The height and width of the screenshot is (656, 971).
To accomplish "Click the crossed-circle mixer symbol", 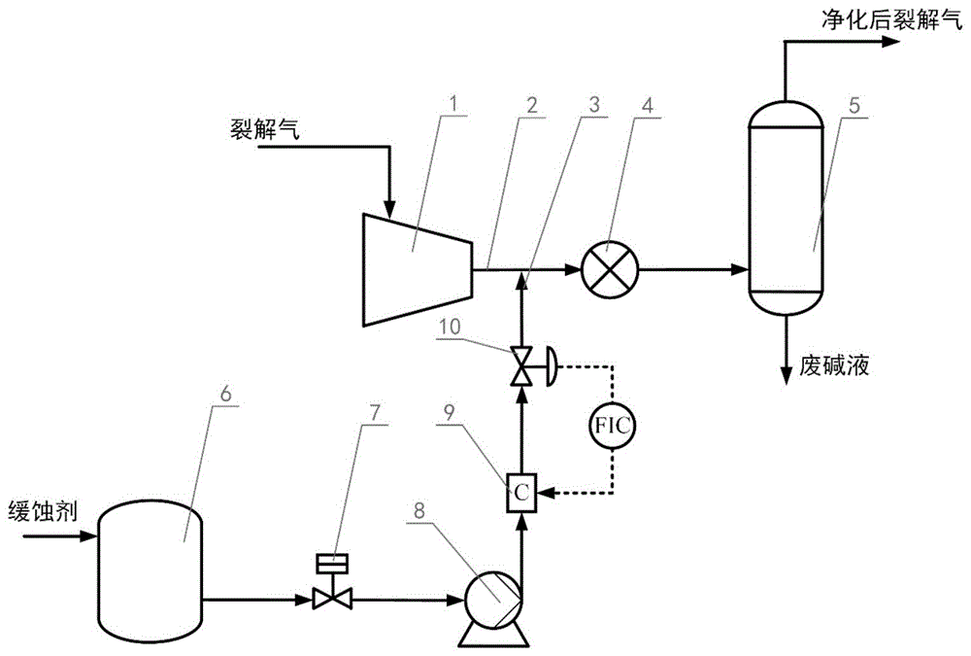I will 609,267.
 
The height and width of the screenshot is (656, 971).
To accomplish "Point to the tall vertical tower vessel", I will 786,214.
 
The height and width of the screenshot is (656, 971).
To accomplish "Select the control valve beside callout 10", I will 522,367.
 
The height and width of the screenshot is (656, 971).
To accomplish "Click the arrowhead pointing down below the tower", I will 786,376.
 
